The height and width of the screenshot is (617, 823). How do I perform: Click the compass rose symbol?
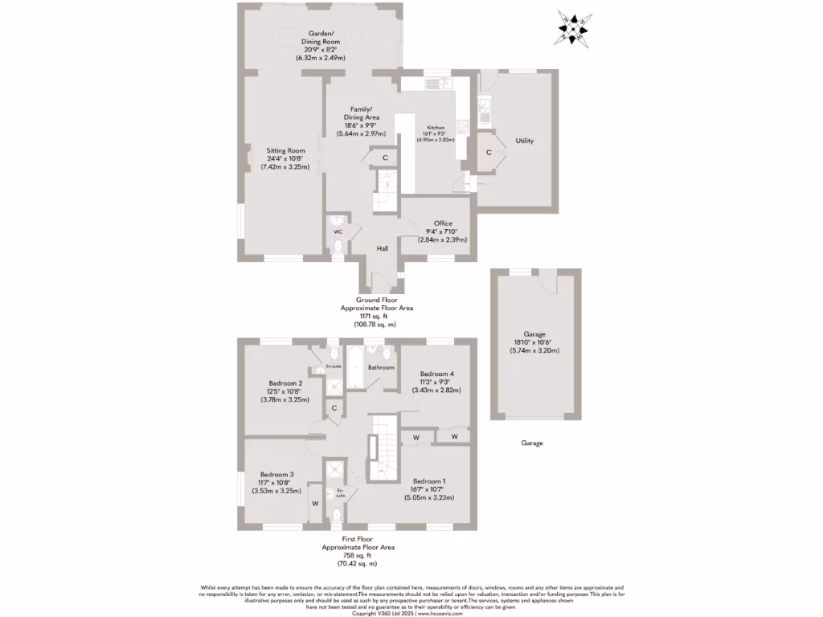click(x=576, y=29)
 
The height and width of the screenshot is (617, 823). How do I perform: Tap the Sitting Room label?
click(x=286, y=150)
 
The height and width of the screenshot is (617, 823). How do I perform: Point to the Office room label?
click(x=443, y=223)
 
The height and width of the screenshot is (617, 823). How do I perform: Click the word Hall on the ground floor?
click(x=383, y=248)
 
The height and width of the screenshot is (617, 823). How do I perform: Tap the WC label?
click(x=338, y=232)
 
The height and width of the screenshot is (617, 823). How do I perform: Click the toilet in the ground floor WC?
click(x=338, y=247)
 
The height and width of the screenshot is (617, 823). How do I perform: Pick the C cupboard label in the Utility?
click(x=489, y=153)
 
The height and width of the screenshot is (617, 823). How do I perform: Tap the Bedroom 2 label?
click(x=285, y=383)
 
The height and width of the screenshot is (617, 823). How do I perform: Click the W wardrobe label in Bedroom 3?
click(x=314, y=504)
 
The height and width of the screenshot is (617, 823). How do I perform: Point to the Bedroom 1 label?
click(x=428, y=480)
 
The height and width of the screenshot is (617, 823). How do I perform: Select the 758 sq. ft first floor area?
click(x=358, y=554)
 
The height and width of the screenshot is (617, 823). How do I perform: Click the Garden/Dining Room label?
click(x=321, y=37)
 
